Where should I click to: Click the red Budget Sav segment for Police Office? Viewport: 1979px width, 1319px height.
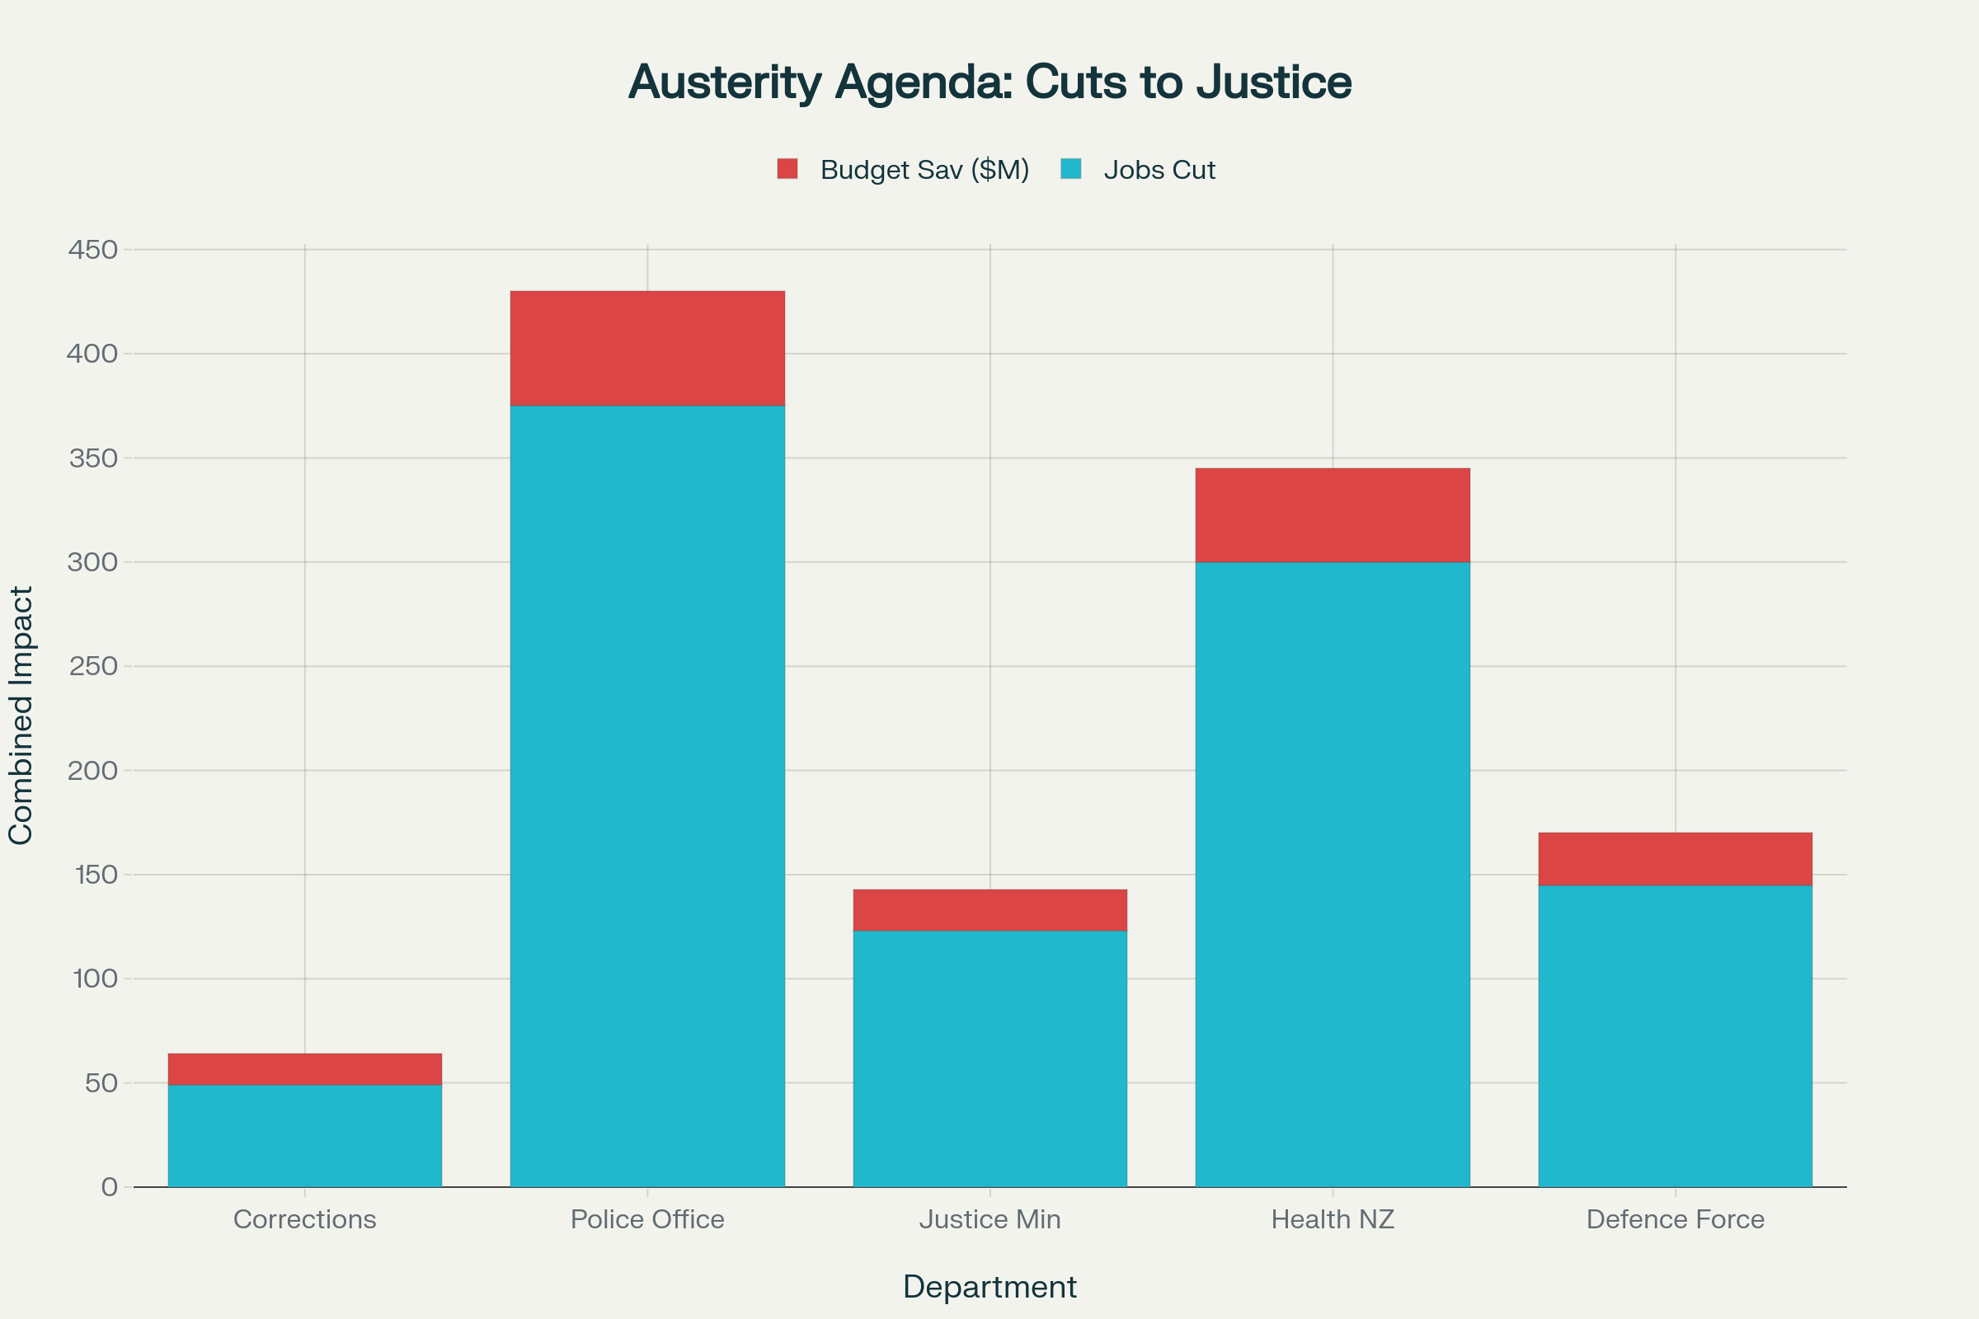[647, 348]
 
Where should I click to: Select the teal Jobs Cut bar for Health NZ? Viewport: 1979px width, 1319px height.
[1332, 874]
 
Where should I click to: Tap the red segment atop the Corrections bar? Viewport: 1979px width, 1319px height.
[304, 1068]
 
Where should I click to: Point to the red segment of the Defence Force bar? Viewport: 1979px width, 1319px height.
[1675, 859]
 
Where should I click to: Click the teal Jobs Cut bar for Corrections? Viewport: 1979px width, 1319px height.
[304, 1136]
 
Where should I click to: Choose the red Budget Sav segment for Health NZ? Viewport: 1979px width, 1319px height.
[1332, 514]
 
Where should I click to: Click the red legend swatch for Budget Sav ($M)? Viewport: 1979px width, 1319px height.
[787, 169]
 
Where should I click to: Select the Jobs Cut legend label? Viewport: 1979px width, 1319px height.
[1159, 170]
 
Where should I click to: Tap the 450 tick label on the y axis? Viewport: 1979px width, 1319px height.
[92, 250]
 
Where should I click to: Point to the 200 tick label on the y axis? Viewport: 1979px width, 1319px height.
[92, 771]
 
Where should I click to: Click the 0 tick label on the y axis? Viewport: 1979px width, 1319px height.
[110, 1187]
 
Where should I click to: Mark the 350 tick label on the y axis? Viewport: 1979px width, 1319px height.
[92, 458]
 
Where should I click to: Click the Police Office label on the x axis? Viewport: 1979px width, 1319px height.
[647, 1219]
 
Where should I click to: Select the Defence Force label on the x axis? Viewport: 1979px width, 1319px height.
[1675, 1219]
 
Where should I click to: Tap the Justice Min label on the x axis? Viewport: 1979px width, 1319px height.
[989, 1219]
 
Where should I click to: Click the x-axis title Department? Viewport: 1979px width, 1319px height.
[989, 1287]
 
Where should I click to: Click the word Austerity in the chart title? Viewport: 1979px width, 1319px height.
[725, 82]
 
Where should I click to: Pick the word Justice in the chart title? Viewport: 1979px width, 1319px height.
[1274, 82]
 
